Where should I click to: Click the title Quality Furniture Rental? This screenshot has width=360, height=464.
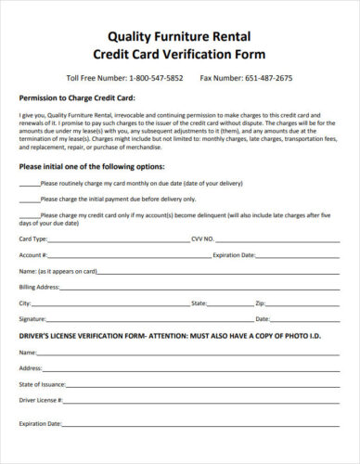[x=180, y=38]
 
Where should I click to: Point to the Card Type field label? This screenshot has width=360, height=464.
[x=32, y=238]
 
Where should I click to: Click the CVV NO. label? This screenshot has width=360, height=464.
[x=202, y=238]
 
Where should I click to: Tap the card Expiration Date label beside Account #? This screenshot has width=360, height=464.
[x=234, y=254]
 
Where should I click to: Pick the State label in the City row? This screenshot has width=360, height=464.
[x=199, y=303]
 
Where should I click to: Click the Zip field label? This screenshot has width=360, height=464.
[x=261, y=303]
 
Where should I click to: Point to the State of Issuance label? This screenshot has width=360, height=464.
[x=42, y=383]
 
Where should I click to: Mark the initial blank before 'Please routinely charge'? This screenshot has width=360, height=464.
[x=29, y=183]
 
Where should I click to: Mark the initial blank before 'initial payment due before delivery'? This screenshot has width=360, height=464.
[x=29, y=199]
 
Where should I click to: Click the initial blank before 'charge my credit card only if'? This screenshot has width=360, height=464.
[x=29, y=214]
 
